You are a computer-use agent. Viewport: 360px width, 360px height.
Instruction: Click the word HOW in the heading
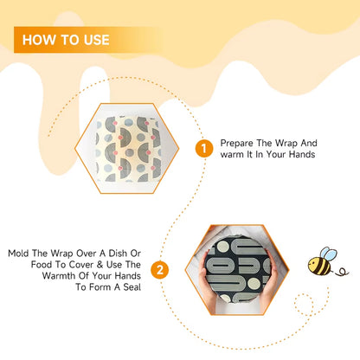[x=40, y=40]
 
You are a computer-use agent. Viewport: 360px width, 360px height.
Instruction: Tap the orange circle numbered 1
[x=205, y=148]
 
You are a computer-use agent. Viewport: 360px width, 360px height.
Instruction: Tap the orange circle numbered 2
[x=160, y=270]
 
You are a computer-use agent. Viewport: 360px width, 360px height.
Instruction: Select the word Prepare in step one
[x=237, y=143]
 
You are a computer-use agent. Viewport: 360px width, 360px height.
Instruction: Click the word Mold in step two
[x=20, y=254]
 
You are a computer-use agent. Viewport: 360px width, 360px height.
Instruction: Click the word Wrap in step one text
[x=296, y=143]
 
